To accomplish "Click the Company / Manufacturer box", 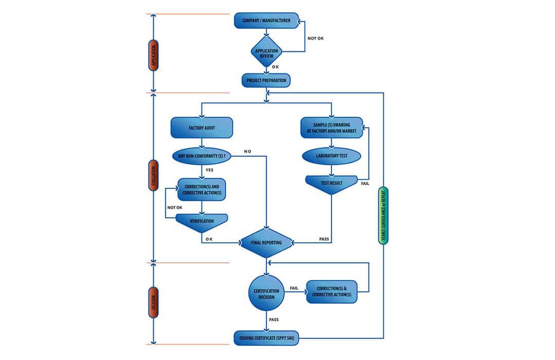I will pos(266,21).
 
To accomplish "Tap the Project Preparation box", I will pos(266,80).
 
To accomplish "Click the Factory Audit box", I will pos(201,127).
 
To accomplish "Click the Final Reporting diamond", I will pos(266,242).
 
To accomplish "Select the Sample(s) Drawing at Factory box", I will pos(331,127).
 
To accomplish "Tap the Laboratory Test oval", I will pos(331,156).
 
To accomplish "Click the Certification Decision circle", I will pos(266,293).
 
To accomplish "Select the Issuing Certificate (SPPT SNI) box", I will pos(266,338).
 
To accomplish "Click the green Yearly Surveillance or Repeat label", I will pos(383,215).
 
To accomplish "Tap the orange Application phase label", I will pos(153,55).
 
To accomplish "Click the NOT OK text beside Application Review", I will pos(316,39).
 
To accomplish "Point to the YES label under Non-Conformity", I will pos(210,169).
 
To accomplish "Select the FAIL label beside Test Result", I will pos(365,183).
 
